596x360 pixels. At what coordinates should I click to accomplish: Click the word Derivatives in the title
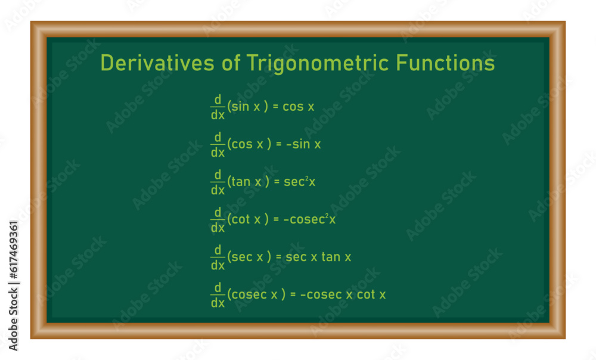(x=157, y=63)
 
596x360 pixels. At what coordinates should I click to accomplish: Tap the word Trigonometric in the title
(x=318, y=64)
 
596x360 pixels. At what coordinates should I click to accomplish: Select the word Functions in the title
(x=445, y=63)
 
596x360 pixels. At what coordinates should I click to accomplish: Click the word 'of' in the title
(x=231, y=63)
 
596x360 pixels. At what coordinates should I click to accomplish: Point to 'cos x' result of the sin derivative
(x=299, y=107)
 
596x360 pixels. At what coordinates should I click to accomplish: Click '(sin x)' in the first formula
(x=248, y=107)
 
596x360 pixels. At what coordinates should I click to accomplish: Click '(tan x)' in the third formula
(x=248, y=181)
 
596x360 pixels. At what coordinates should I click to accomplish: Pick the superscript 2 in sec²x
(x=307, y=178)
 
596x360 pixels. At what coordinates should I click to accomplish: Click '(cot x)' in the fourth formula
(x=248, y=219)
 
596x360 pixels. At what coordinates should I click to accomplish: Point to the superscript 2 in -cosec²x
(x=327, y=216)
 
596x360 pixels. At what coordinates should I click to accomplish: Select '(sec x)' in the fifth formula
(x=249, y=257)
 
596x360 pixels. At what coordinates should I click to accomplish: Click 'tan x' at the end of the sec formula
(x=336, y=257)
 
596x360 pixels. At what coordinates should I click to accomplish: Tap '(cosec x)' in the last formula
(x=256, y=294)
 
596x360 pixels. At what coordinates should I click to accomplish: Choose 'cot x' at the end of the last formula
(x=371, y=294)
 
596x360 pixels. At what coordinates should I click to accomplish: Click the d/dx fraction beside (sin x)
(x=218, y=107)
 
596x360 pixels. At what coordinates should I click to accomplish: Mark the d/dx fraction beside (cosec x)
(x=218, y=295)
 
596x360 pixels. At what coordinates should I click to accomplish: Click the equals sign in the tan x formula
(x=277, y=182)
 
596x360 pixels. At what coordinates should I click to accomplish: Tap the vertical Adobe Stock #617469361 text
(x=13, y=285)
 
